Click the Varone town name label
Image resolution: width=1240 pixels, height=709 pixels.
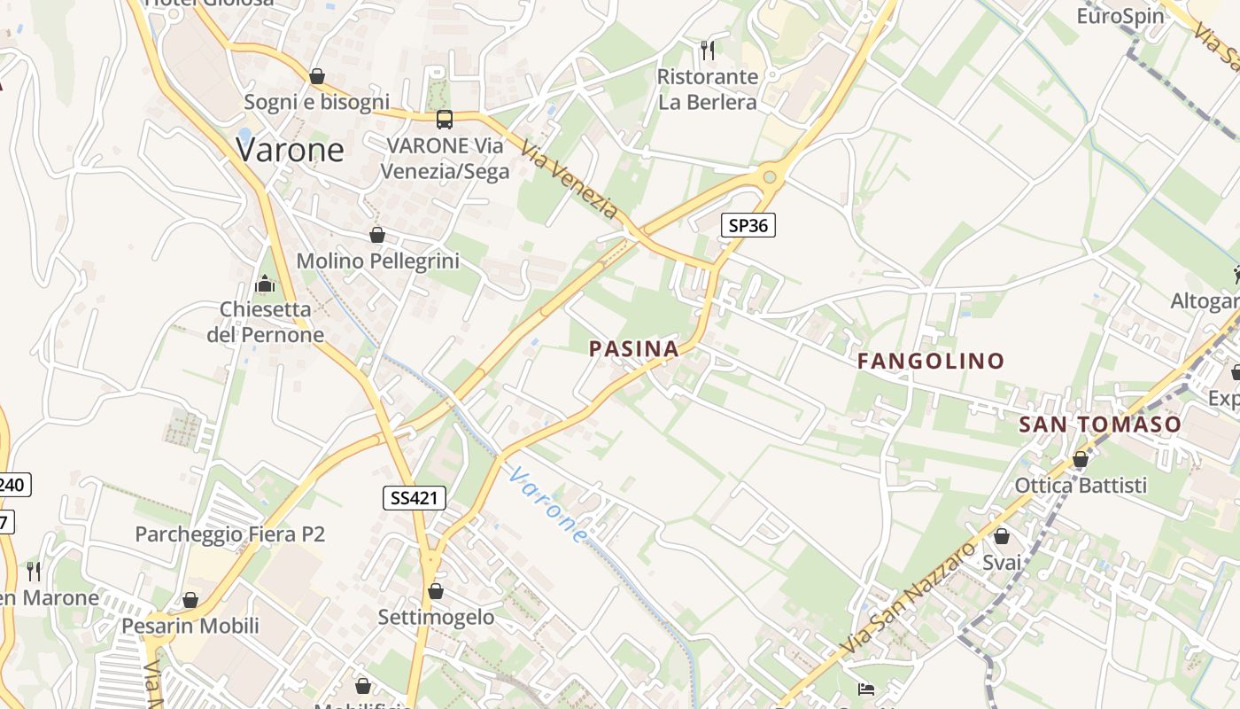tap(290, 150)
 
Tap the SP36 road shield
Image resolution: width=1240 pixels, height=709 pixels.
tap(748, 225)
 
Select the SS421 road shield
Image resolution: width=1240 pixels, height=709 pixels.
tap(415, 498)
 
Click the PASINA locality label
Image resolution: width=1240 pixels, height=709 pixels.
tap(634, 349)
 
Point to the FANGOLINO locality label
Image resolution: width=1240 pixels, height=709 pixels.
tap(931, 361)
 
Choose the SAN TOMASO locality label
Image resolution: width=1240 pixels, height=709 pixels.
tap(1100, 425)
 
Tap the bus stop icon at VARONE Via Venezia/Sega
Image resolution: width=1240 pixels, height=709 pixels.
tap(445, 119)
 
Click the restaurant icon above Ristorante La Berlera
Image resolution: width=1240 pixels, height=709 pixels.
tap(707, 51)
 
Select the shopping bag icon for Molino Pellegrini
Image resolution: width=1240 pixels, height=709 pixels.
tap(377, 235)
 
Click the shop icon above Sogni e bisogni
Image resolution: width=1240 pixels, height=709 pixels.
tap(317, 76)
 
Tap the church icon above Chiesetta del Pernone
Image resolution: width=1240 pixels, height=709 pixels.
tap(265, 284)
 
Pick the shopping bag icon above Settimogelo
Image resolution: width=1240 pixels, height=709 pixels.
tap(436, 590)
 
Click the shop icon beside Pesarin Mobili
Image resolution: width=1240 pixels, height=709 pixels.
tap(190, 600)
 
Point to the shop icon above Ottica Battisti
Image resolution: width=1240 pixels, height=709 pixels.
tap(1081, 459)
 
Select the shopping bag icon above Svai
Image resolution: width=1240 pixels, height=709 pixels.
tap(1002, 536)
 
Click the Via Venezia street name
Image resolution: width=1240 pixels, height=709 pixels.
tap(570, 180)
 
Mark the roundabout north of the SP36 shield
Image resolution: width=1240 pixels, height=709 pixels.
tap(770, 177)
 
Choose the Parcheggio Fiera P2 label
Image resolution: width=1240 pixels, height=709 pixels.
tap(230, 534)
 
